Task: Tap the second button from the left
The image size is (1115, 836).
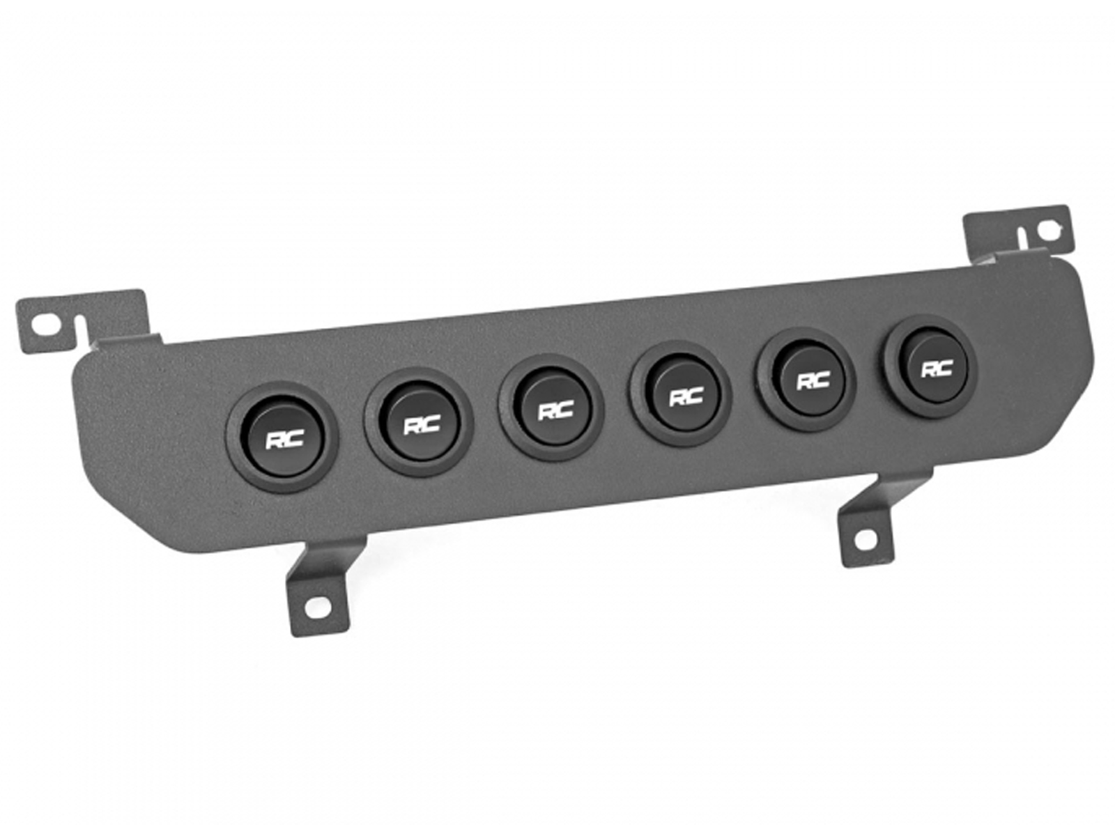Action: point(419,424)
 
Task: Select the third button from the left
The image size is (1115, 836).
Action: point(551,409)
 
